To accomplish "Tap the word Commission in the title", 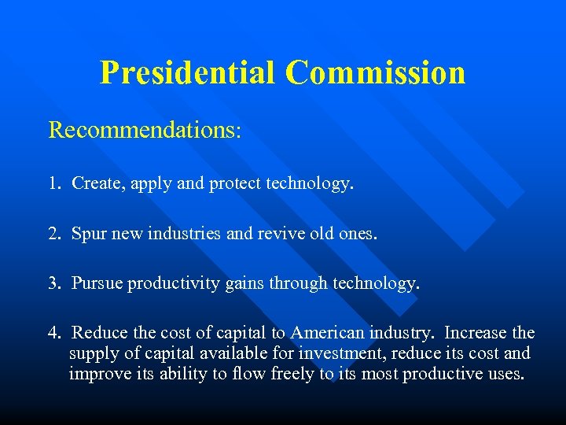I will (x=375, y=72).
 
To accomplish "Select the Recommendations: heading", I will (x=145, y=130).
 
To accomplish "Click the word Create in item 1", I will (x=95, y=183).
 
